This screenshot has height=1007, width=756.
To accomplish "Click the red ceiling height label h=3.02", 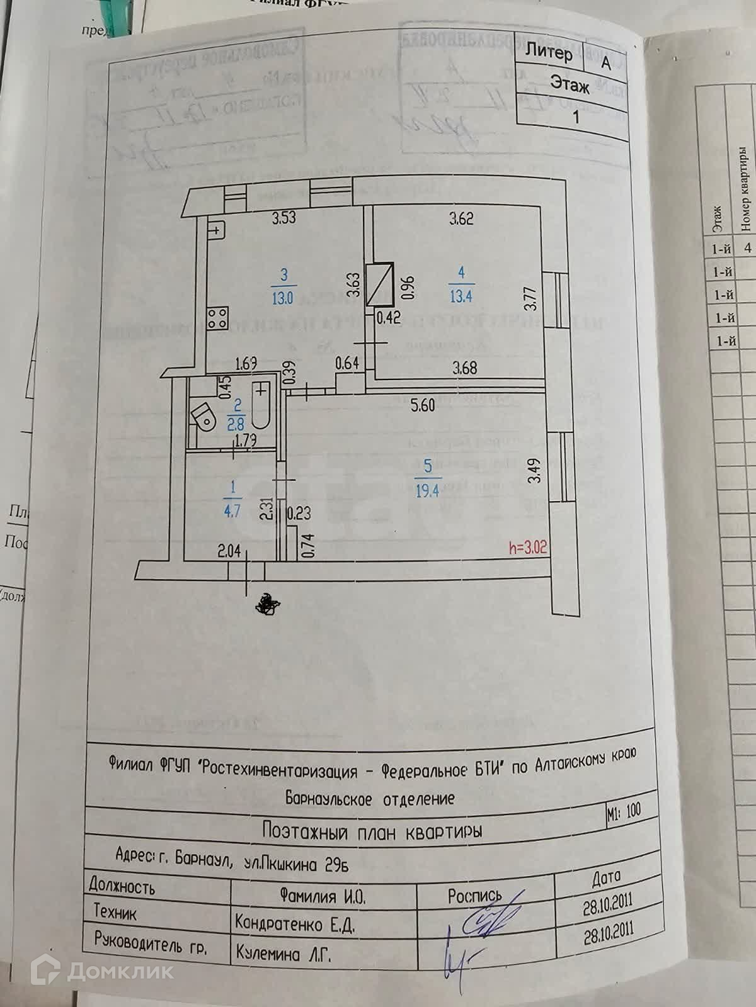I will click(528, 548).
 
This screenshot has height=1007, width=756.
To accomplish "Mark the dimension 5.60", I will click(422, 406).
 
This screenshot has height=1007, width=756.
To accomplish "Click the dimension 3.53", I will click(284, 220).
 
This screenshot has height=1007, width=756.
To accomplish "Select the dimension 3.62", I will click(461, 219).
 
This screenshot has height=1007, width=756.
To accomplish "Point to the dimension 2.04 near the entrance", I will click(229, 552).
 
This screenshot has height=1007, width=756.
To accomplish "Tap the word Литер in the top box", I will click(549, 52).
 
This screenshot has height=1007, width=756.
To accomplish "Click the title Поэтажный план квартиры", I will click(372, 832).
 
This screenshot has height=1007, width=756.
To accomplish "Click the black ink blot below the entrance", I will click(267, 604).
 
